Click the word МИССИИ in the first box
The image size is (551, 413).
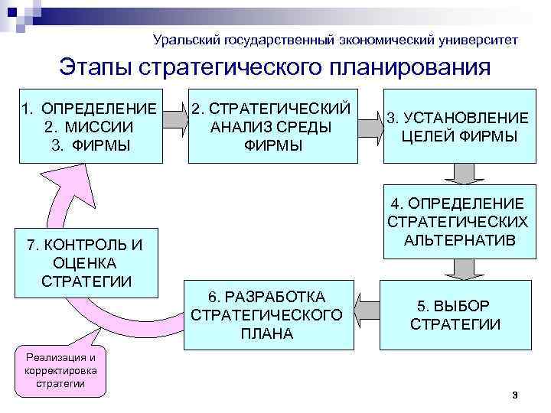(99, 126)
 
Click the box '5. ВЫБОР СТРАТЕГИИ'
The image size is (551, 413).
(456, 314)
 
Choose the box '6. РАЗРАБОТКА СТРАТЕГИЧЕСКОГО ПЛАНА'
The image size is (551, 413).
(269, 314)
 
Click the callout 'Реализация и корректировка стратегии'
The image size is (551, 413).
(61, 371)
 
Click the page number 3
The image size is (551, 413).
(515, 395)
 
